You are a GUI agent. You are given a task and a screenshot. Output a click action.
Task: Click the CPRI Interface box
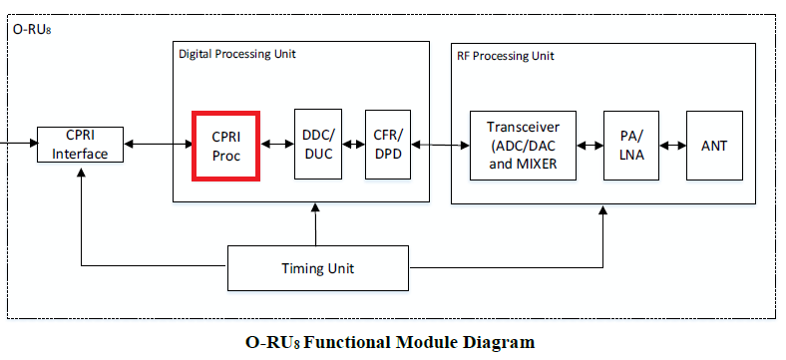tap(80, 145)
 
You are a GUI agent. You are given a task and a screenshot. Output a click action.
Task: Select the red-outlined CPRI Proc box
tap(225, 146)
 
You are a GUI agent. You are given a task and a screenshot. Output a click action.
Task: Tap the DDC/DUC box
tap(319, 145)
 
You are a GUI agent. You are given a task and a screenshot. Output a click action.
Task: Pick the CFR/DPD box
tap(388, 145)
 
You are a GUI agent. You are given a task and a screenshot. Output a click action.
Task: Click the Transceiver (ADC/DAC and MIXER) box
tap(524, 145)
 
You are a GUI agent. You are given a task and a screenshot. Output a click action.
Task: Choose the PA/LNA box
tap(630, 145)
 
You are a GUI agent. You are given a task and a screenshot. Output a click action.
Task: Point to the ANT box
tap(714, 145)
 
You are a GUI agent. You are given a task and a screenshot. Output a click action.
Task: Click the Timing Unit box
tap(316, 268)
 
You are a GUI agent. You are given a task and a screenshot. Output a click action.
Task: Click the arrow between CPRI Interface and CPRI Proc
tap(159, 145)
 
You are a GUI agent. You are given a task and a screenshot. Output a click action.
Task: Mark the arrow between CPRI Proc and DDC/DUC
tap(276, 145)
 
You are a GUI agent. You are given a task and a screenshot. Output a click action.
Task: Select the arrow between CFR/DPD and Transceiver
tap(440, 145)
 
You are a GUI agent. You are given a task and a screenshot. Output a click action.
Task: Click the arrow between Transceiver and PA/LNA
tap(590, 145)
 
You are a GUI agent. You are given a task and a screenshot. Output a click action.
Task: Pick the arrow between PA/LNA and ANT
tap(672, 145)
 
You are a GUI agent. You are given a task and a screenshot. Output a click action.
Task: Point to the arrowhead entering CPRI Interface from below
tap(80, 170)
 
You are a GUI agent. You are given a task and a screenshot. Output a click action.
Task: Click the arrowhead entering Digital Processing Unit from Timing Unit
tap(316, 208)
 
